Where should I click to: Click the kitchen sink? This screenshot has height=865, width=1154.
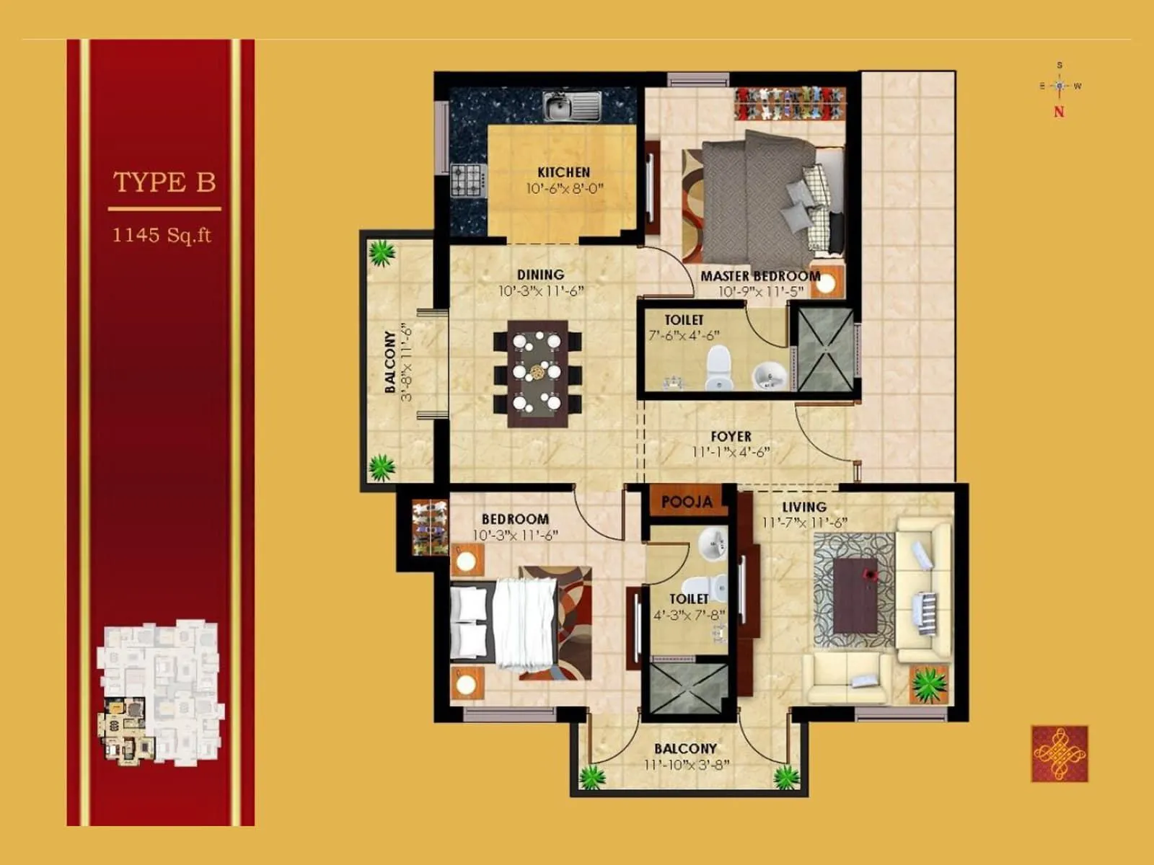click(571, 107)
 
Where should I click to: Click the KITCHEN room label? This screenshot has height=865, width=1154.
click(564, 172)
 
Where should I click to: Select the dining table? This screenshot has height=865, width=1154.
click(537, 373)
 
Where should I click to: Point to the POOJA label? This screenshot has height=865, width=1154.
click(687, 502)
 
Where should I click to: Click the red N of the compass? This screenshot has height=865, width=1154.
click(1059, 112)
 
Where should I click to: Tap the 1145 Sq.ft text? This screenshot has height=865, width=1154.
click(162, 235)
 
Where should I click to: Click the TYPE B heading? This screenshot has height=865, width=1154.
click(164, 182)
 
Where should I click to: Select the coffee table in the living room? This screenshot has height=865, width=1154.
click(855, 595)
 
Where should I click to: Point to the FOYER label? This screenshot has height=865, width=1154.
click(731, 437)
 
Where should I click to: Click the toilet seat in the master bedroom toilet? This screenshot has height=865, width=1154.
click(718, 368)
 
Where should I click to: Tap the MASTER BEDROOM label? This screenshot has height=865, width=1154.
click(760, 276)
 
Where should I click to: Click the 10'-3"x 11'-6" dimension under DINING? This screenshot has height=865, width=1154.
click(540, 291)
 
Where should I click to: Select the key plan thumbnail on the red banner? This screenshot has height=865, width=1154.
click(160, 692)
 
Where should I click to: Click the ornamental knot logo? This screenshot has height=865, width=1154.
click(1060, 754)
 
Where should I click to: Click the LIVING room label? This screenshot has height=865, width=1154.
click(804, 507)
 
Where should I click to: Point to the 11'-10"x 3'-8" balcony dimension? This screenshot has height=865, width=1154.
click(686, 764)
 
